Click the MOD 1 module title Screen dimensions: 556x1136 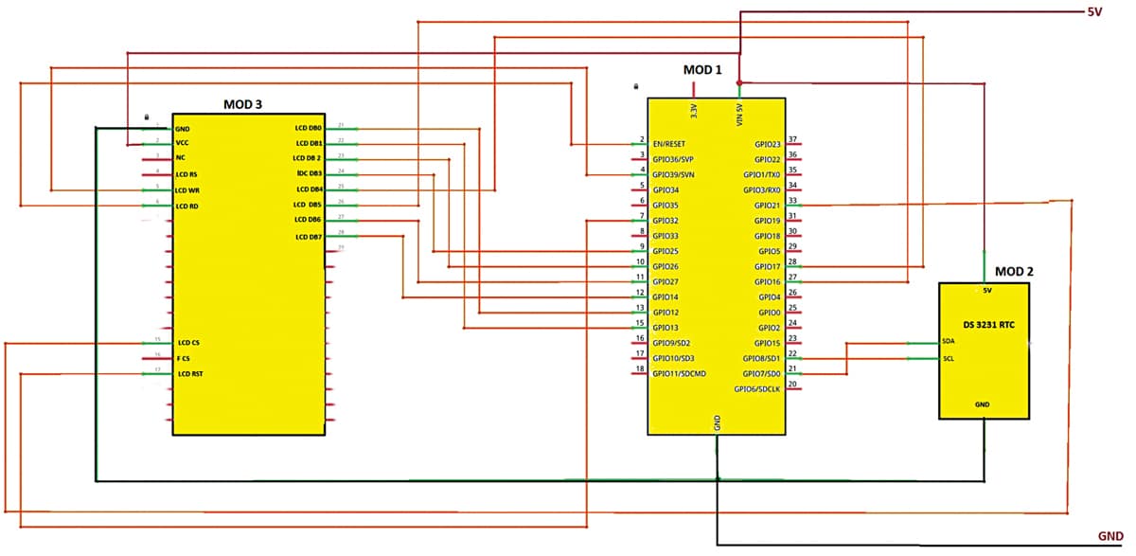point(702,70)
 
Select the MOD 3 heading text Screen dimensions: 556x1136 point(242,104)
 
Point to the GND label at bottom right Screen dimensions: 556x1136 point(1109,536)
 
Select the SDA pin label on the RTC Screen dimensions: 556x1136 point(949,342)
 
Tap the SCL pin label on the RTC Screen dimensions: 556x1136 point(949,359)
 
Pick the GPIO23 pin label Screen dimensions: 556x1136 point(767,144)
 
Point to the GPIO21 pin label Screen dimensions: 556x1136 point(767,205)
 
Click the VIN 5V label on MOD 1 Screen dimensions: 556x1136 point(738,114)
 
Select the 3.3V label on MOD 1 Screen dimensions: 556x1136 point(694,112)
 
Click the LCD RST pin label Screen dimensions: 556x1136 point(190,374)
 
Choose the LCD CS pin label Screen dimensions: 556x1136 point(188,342)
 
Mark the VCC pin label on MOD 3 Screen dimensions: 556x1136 point(183,143)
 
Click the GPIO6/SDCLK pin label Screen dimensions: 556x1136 point(757,388)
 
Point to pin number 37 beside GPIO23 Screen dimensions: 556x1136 point(793,139)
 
